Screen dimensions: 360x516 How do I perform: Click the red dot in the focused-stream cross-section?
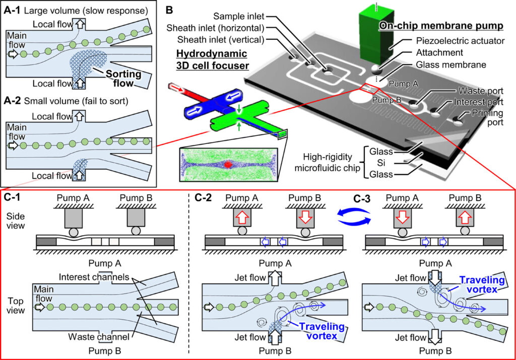[x=228, y=165]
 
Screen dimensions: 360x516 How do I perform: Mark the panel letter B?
[x=169, y=9]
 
